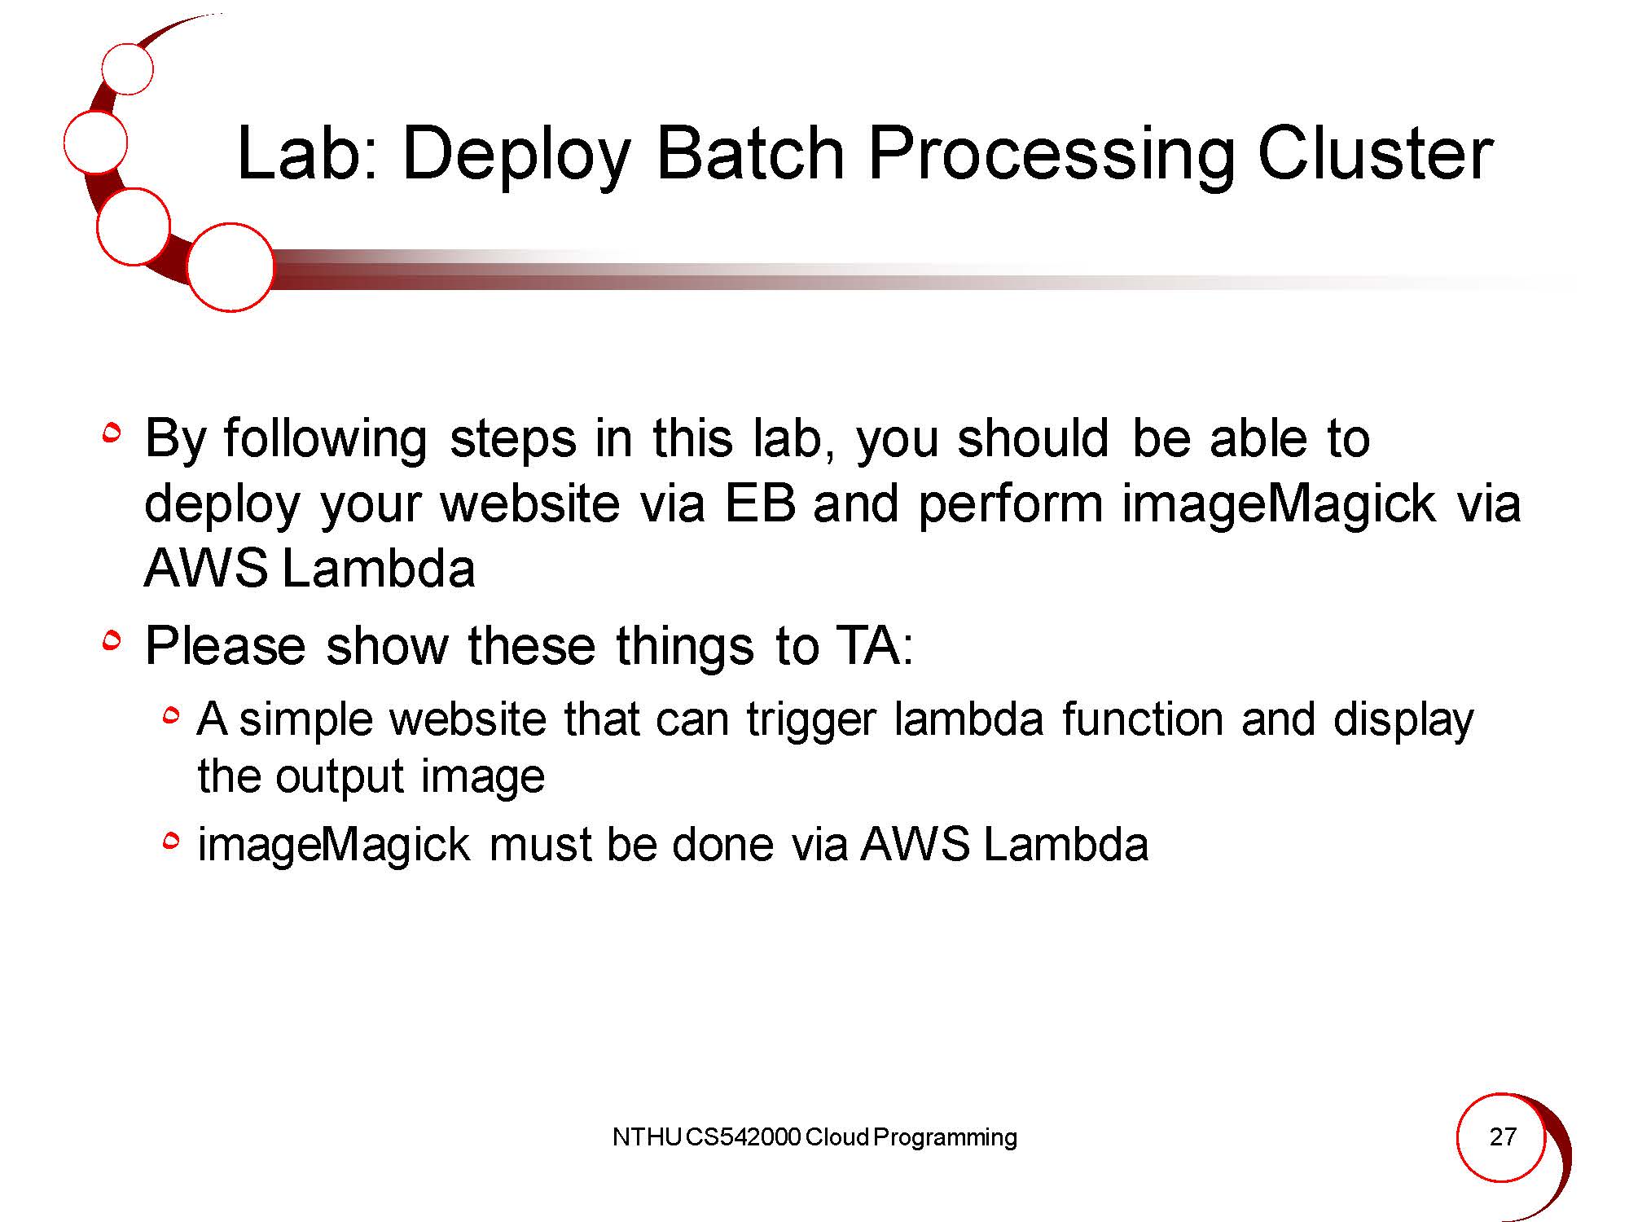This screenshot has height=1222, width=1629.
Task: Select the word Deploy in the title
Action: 516,157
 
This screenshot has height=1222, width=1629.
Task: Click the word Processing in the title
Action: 1051,157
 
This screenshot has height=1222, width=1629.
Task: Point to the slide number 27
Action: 1503,1136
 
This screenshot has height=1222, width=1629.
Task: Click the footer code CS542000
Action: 744,1137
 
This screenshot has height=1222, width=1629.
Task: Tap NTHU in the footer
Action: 647,1137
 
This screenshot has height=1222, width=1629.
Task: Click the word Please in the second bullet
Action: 225,646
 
